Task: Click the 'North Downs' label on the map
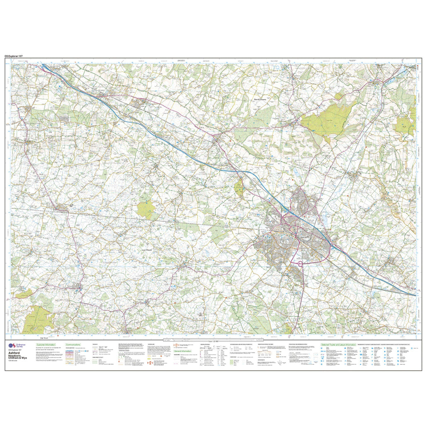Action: (x=262, y=99)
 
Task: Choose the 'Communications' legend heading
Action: (x=74, y=344)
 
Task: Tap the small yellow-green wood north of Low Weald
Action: (x=146, y=210)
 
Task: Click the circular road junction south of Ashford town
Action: (x=299, y=261)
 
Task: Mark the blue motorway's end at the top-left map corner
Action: (x=44, y=66)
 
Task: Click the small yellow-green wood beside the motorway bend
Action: (x=239, y=188)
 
